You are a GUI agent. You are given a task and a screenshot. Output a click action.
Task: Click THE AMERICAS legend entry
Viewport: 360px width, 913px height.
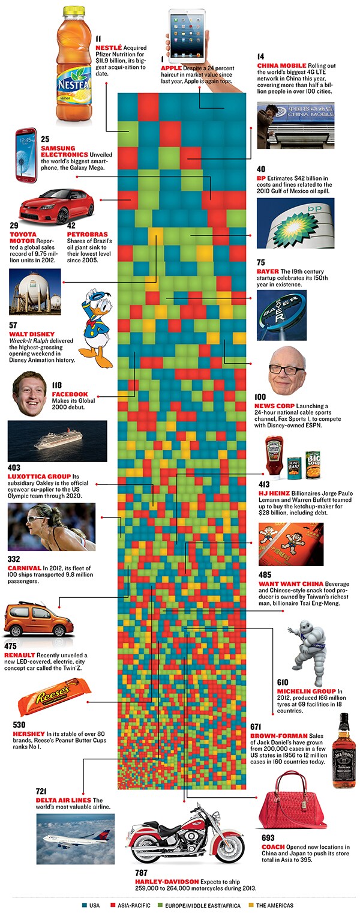point(274,905)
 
